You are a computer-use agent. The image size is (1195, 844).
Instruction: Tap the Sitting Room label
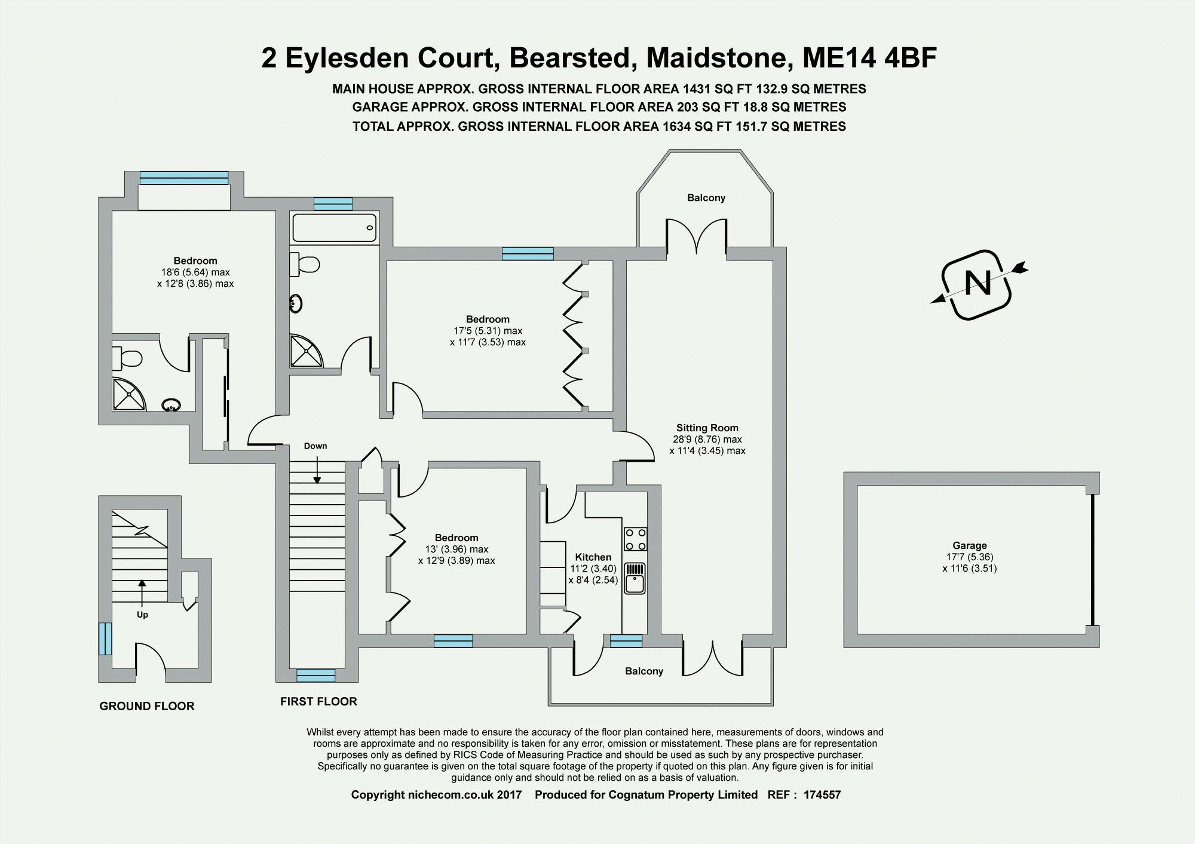pos(707,428)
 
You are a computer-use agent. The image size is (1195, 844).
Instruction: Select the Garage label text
pos(969,545)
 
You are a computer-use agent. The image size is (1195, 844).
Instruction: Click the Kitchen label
pos(593,557)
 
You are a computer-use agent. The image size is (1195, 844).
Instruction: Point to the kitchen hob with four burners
pos(635,539)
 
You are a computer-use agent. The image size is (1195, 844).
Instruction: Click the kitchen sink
pos(635,578)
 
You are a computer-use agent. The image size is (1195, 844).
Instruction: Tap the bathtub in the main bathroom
pos(334,228)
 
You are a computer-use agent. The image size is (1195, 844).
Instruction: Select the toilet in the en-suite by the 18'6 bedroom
pos(127,358)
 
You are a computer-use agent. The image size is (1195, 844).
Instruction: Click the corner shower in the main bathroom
pos(305,351)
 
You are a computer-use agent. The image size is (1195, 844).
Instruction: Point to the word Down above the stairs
pos(315,446)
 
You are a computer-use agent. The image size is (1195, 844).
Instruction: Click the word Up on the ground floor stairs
pos(142,615)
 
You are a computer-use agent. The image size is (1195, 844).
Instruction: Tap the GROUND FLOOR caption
pos(147,706)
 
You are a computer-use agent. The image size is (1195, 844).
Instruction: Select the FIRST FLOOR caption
pos(318,701)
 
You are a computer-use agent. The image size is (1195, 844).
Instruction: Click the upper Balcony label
pos(706,198)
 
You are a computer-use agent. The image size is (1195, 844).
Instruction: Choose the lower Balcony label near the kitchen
pos(644,671)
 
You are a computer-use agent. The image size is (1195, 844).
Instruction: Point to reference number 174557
pos(822,794)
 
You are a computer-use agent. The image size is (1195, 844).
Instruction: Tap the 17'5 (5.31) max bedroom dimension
pos(488,331)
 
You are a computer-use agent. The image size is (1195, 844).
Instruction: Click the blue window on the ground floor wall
pos(105,639)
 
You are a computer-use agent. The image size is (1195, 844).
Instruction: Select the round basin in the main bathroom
pos(296,304)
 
